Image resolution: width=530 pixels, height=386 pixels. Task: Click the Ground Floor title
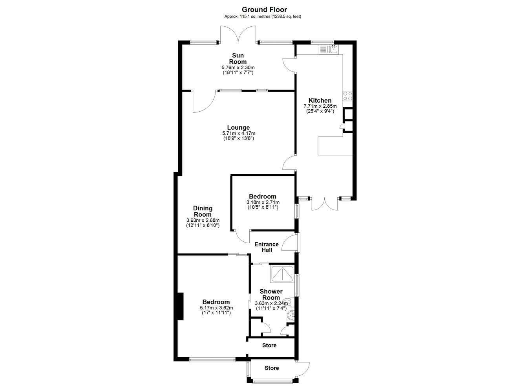pos(264,10)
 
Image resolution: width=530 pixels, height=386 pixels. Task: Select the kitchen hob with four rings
pos(347,96)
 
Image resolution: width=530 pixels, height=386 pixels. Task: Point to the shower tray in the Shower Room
pos(282,274)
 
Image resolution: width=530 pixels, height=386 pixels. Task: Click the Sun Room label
pos(238,59)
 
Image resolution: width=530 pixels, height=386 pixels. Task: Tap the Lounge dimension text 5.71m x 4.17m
pos(239,133)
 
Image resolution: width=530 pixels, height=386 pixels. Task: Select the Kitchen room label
pos(320,100)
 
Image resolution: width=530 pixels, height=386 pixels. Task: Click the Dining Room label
pos(203,211)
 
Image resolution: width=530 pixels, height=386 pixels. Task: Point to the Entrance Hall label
pos(267,247)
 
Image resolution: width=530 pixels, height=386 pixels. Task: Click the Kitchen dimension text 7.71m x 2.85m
pos(320,106)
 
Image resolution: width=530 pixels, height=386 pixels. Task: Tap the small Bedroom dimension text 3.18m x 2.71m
pos(263,202)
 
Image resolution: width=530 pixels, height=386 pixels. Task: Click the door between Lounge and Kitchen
pos(289,163)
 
